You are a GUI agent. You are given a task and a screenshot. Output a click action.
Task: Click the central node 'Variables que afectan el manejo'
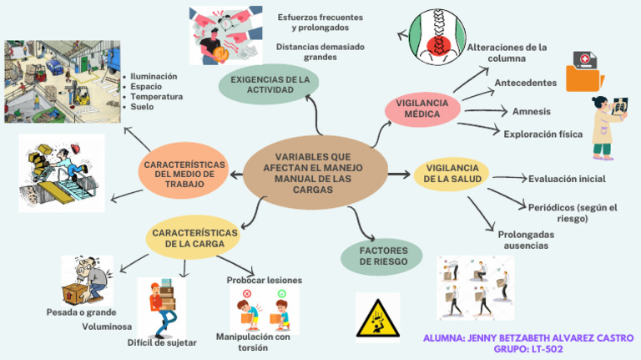coord(314,173)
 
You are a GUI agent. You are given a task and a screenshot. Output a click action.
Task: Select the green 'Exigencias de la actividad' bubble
coord(270,84)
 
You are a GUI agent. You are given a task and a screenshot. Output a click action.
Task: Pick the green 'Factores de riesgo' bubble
coord(383,256)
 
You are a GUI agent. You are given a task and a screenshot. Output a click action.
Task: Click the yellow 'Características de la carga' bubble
coord(194,237)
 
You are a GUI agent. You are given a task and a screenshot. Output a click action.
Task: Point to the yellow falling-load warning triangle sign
coord(377,317)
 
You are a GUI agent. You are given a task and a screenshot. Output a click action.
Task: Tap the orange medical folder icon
coord(585,71)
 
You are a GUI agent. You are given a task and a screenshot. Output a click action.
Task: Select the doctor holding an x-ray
coord(608,126)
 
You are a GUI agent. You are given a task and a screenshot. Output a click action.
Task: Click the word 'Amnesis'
coord(531,111)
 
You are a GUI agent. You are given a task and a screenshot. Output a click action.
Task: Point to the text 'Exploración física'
coord(542,133)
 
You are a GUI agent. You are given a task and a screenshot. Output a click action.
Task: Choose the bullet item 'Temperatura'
coord(156,97)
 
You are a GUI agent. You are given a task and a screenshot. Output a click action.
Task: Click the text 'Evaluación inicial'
coord(567,179)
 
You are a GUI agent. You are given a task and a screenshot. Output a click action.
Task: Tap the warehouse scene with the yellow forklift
coord(58,82)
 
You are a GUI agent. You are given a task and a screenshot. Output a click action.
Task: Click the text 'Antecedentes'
coord(526,83)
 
